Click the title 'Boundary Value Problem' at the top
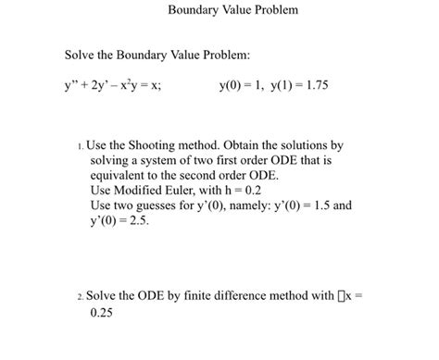219,11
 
